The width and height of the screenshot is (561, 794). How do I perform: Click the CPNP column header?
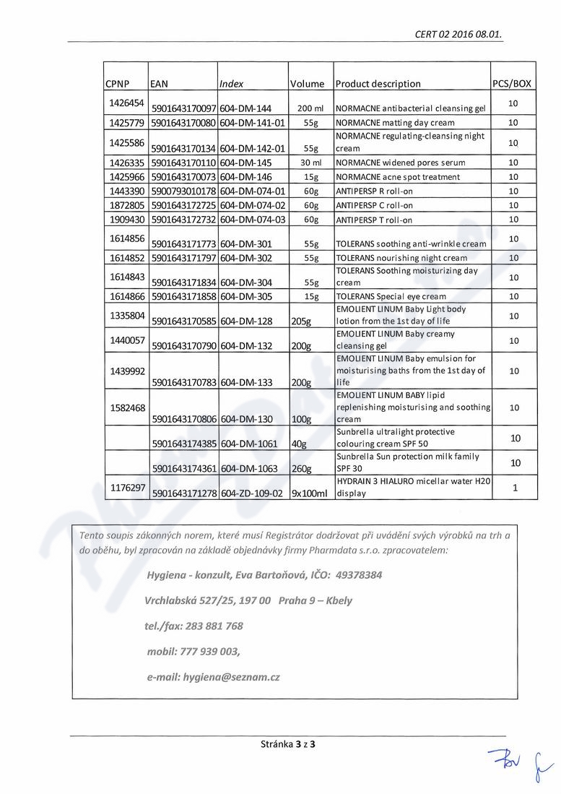[x=117, y=84]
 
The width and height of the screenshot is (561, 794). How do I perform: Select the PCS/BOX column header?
[x=512, y=84]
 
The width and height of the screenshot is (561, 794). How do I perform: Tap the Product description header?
[x=378, y=84]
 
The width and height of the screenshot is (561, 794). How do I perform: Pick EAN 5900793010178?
[x=184, y=191]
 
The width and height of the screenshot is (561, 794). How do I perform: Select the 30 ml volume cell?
[x=310, y=163]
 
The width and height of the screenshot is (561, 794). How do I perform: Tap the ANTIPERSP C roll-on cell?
[x=375, y=206]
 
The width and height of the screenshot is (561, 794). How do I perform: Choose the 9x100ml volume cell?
[x=309, y=494]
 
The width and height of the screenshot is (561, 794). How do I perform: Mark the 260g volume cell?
[x=301, y=469]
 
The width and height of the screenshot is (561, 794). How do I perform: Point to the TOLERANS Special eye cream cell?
[x=391, y=297]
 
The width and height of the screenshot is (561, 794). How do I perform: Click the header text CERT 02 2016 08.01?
[x=458, y=34]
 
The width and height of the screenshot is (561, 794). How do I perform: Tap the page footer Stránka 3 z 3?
[x=288, y=743]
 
